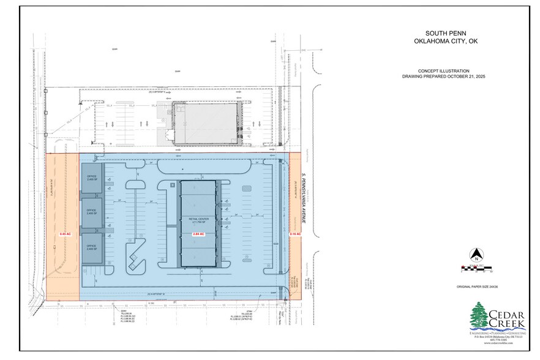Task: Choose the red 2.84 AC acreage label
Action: click(x=198, y=234)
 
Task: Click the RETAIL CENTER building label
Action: click(x=197, y=218)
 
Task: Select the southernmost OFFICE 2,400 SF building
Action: click(x=92, y=248)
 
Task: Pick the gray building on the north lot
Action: click(x=206, y=122)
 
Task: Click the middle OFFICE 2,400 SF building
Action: click(x=92, y=213)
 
